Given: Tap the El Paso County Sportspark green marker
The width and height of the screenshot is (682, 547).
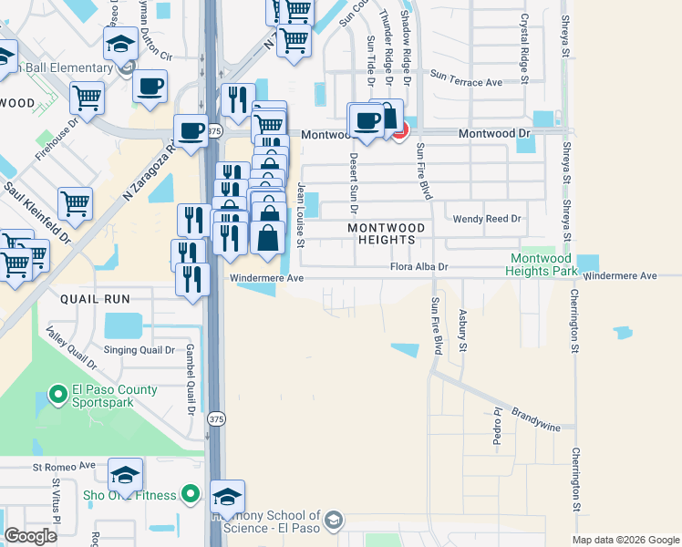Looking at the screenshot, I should click(57, 396).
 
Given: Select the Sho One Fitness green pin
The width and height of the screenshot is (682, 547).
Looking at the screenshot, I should click(190, 495).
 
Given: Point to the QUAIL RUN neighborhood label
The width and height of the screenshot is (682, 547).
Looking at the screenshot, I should click(95, 298).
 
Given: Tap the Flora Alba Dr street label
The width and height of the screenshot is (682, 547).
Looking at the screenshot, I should click(419, 267).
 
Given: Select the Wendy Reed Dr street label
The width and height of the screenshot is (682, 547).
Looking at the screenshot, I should click(487, 219).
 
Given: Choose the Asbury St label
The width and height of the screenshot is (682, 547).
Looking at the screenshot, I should click(462, 334).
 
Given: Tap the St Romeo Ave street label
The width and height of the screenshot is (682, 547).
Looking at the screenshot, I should click(64, 466).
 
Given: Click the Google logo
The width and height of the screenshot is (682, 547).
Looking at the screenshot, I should click(30, 536).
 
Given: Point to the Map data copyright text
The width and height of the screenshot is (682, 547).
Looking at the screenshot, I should click(625, 540).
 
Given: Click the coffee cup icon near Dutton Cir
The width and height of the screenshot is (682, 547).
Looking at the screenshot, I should click(150, 87).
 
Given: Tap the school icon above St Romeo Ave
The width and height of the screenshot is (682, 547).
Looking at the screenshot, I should click(125, 475).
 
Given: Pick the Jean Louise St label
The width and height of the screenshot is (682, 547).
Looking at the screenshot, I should click(300, 215).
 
